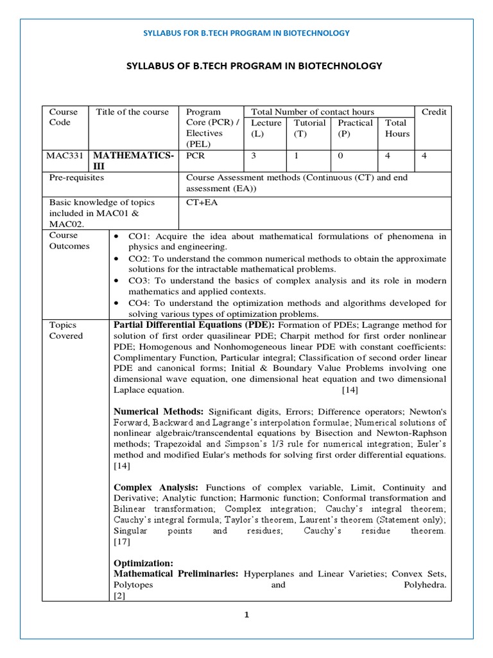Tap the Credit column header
click(434, 112)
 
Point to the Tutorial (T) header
click(309, 128)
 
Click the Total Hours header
click(397, 128)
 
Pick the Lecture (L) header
click(266, 128)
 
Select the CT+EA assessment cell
click(201, 202)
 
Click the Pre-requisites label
click(77, 177)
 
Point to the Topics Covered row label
click(67, 330)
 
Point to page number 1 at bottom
click(246, 614)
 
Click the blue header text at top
click(246, 33)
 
